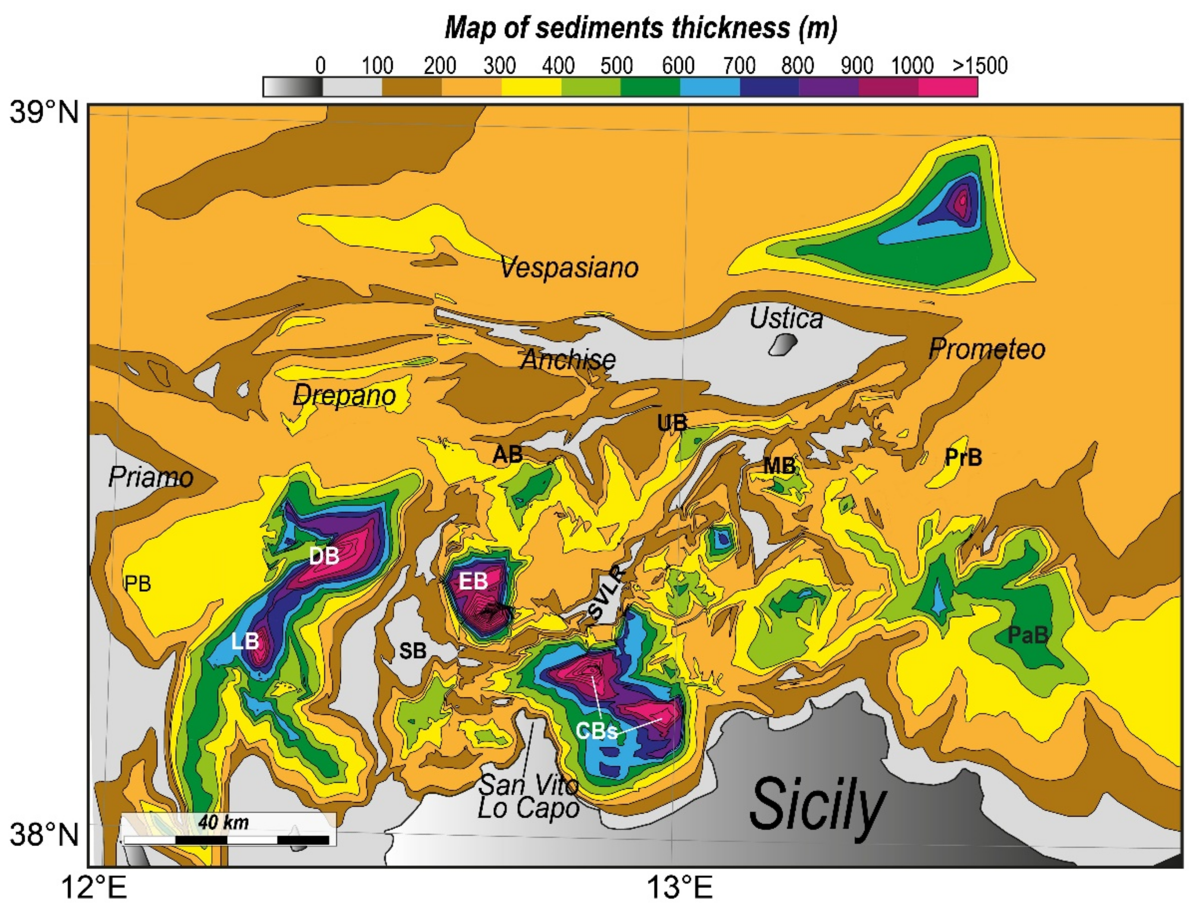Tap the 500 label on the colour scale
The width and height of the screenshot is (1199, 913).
pyautogui.click(x=616, y=66)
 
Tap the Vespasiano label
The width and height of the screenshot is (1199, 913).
pyautogui.click(x=569, y=267)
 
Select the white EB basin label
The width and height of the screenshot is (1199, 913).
pyautogui.click(x=473, y=582)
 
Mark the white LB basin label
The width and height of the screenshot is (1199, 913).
pyautogui.click(x=245, y=641)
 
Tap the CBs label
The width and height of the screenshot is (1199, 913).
pyautogui.click(x=597, y=732)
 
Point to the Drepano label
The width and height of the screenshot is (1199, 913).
pyautogui.click(x=344, y=395)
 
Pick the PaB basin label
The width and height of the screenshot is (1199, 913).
pyautogui.click(x=1027, y=635)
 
